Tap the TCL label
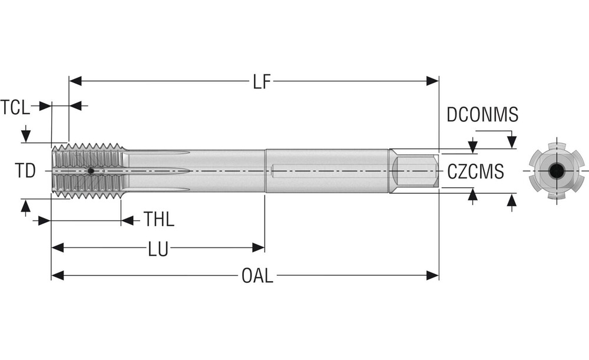pyautogui.click(x=15, y=107)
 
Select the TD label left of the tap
pyautogui.click(x=25, y=171)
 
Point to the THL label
pyautogui.click(x=159, y=221)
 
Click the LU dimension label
pyautogui.click(x=158, y=250)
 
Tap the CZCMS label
pyautogui.click(x=475, y=172)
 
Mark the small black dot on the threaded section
pyautogui.click(x=91, y=171)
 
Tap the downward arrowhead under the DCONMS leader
pyautogui.click(x=511, y=142)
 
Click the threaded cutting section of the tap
pyautogui.click(x=88, y=171)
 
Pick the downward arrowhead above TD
pyautogui.click(x=25, y=137)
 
